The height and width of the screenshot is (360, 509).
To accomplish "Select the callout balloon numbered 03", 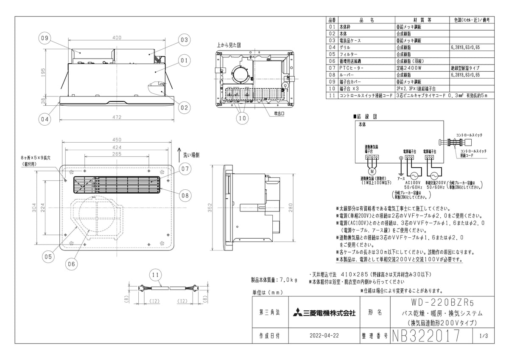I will click(x=183, y=40).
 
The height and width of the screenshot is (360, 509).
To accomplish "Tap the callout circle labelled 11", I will click(x=156, y=275).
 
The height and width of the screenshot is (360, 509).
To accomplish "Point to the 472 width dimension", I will click(x=117, y=117).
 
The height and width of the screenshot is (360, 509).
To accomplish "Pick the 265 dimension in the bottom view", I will click(x=117, y=154).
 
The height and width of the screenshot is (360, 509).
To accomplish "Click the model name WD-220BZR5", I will click(x=443, y=304).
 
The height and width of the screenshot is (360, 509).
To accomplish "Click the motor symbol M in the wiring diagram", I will click(x=372, y=171).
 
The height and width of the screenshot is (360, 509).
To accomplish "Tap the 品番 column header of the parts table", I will click(x=332, y=20).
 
